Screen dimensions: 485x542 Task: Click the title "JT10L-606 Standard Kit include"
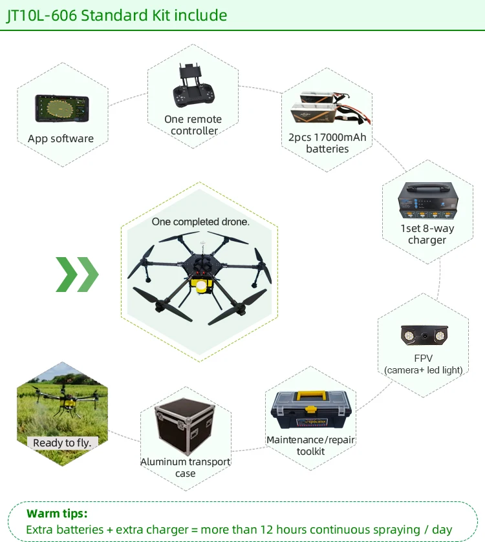116,15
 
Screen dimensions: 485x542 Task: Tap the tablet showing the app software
61,108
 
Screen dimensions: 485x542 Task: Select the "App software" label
61,139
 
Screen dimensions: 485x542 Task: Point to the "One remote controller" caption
193,125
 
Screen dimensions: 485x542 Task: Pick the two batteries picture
327,110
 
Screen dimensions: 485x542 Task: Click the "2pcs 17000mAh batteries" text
327,143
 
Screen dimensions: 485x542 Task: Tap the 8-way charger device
427,200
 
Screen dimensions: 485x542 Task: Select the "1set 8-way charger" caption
427,234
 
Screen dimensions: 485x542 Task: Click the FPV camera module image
423,335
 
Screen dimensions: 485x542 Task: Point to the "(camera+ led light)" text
423,370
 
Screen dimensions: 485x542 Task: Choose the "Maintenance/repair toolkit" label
310,446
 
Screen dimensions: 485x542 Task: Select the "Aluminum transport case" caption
186,468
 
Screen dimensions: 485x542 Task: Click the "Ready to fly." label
62,443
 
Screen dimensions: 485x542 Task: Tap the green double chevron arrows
77,274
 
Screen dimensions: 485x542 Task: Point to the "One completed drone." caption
200,222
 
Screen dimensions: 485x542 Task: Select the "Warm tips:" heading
57,514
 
